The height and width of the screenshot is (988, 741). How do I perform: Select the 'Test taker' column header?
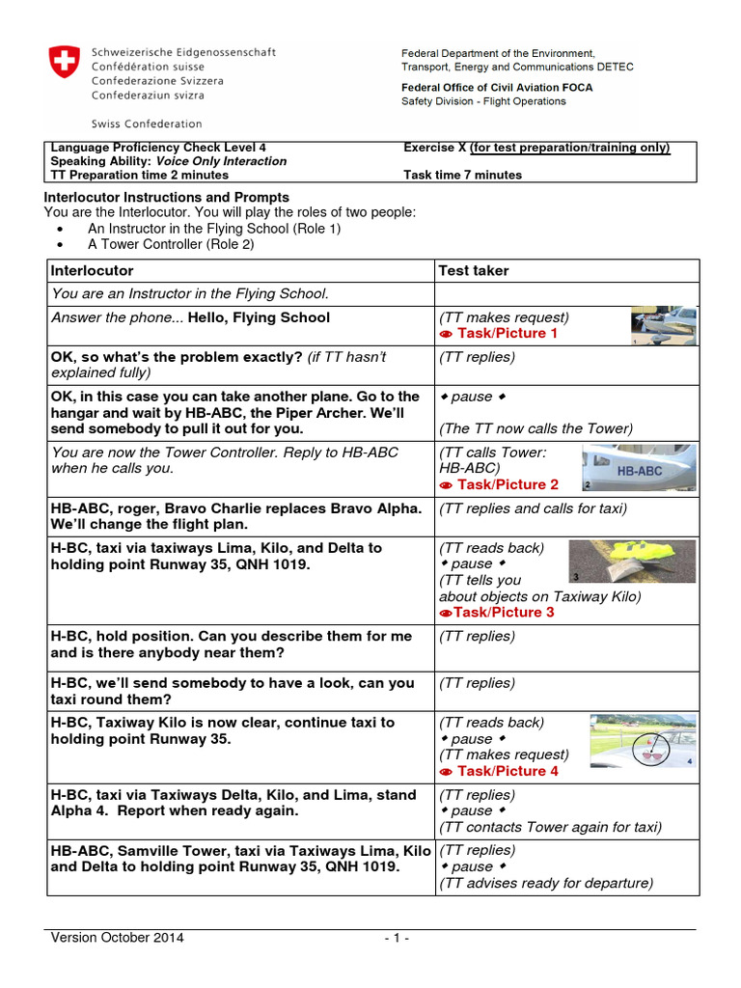(473, 271)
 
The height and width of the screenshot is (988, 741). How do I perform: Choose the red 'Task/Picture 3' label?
(497, 613)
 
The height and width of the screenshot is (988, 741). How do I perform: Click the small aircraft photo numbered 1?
(663, 326)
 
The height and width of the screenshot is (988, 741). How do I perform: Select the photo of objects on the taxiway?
(616, 562)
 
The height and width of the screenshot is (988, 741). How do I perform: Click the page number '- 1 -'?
(396, 938)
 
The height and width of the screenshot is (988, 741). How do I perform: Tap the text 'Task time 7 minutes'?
(462, 176)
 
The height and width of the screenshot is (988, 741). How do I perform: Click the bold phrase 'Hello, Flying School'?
(259, 318)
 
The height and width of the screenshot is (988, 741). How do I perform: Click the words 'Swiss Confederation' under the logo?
(147, 124)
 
